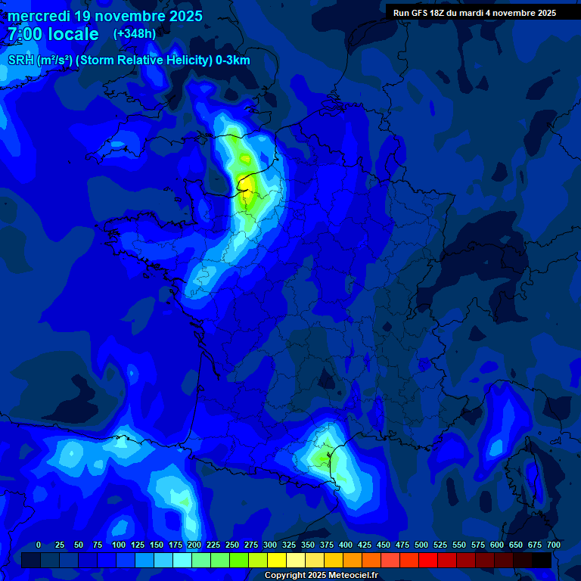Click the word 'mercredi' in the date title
38,16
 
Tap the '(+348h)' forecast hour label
135,34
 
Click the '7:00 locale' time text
53,34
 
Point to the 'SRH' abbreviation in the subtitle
21,61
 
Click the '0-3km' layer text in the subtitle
233,61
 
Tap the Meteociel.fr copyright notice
322,576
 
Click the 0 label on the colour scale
39,545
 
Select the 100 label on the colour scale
118,545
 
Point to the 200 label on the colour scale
194,545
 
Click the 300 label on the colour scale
269,545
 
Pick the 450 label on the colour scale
383,545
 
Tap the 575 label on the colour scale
477,545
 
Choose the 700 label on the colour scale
553,545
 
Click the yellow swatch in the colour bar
277,561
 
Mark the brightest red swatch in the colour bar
428,561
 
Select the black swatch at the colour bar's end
542,561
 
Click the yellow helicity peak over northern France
246,187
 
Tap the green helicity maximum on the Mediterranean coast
324,458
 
